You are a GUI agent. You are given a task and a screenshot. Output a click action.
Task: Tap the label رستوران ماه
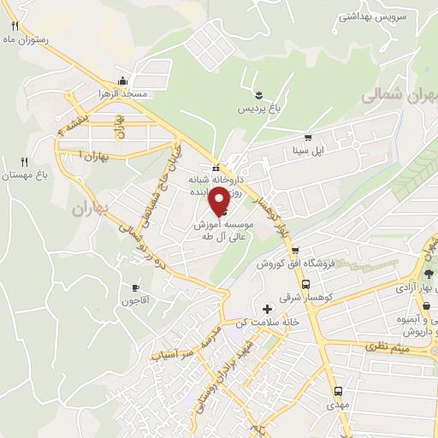(x=25, y=39)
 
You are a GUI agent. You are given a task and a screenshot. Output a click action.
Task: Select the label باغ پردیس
(x=258, y=109)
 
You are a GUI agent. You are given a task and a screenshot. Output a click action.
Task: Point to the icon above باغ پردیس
(x=258, y=92)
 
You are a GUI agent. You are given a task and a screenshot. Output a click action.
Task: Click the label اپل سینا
(x=308, y=151)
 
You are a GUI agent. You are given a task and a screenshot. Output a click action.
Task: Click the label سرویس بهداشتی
(x=374, y=16)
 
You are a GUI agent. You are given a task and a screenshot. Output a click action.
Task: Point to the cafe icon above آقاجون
(x=135, y=287)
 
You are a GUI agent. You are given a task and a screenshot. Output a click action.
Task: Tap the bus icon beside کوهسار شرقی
(x=306, y=284)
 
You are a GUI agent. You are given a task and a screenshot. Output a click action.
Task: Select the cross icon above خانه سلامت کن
(x=267, y=308)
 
